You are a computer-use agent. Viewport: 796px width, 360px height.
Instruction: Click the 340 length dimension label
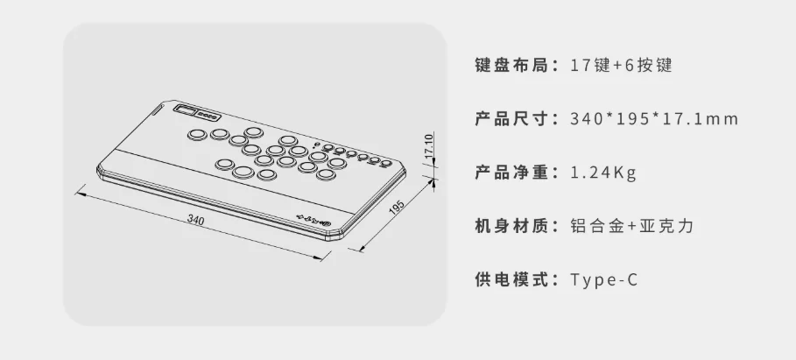[195, 221]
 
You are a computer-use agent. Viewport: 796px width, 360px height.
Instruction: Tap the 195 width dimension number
[396, 208]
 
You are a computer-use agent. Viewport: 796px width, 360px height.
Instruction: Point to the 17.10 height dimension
[428, 146]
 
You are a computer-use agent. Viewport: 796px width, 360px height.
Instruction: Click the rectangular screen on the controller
[187, 110]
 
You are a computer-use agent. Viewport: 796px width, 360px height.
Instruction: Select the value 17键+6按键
[621, 66]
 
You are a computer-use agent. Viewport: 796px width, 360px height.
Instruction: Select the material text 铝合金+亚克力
[631, 226]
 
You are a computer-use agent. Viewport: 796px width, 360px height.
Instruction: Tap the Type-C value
[603, 279]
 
